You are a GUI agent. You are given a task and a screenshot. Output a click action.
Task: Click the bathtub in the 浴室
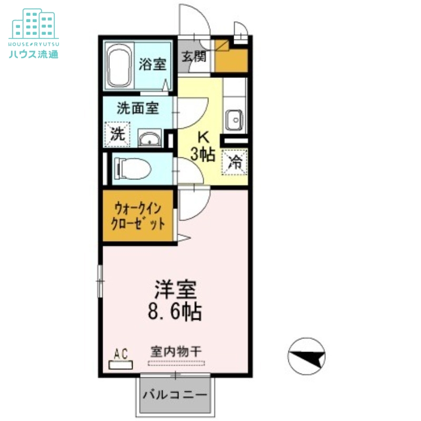click(119, 66)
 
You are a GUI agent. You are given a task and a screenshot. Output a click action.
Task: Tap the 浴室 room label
click(153, 65)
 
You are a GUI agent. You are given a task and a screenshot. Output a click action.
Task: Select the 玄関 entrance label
click(194, 56)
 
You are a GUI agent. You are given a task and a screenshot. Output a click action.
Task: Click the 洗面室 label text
click(137, 109)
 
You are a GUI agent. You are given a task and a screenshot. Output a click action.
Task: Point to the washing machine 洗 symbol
click(117, 133)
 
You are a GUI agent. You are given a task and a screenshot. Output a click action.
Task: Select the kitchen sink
click(234, 121)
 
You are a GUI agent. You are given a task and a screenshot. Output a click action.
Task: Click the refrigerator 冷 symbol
click(235, 162)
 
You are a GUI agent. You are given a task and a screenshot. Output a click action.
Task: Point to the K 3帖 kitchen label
click(202, 146)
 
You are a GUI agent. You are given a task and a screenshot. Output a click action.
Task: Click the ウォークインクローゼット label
click(137, 216)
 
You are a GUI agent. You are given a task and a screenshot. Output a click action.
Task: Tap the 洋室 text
click(175, 289)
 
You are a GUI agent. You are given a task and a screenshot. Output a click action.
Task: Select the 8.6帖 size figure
click(175, 313)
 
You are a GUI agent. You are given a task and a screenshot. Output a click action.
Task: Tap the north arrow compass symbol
click(307, 356)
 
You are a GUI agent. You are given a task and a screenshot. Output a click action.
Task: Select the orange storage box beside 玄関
click(232, 61)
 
